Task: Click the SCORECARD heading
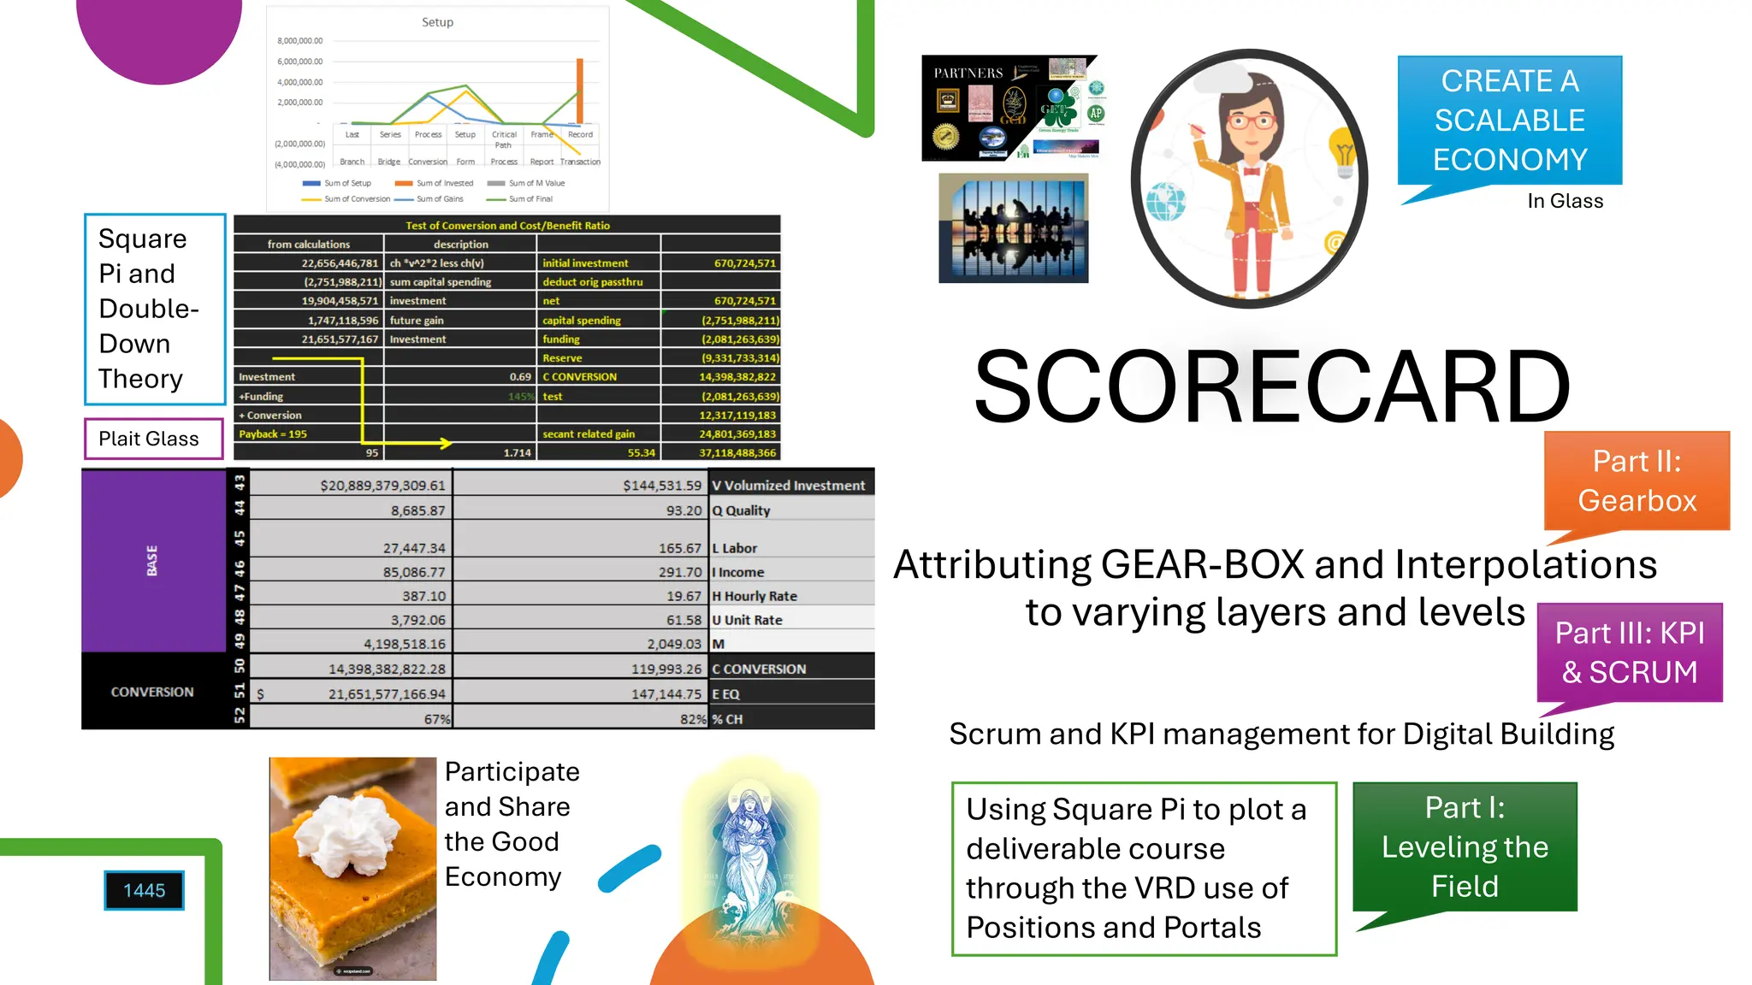pyautogui.click(x=1271, y=387)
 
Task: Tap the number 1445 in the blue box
pyautogui.click(x=144, y=891)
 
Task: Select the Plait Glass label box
pyautogui.click(x=153, y=439)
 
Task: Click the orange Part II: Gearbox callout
pyautogui.click(x=1637, y=481)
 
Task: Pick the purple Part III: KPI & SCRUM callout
pyautogui.click(x=1629, y=652)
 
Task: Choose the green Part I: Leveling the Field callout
pyautogui.click(x=1465, y=846)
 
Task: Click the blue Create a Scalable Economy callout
pyautogui.click(x=1509, y=121)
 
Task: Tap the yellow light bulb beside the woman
pyautogui.click(x=1344, y=155)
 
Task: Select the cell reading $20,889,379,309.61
pyautogui.click(x=382, y=486)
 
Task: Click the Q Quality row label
pyautogui.click(x=742, y=510)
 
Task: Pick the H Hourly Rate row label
pyautogui.click(x=755, y=596)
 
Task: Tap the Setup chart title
pyautogui.click(x=437, y=22)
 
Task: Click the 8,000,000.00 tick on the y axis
pyautogui.click(x=300, y=41)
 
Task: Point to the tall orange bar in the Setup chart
pyautogui.click(x=580, y=91)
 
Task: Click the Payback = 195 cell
pyautogui.click(x=273, y=434)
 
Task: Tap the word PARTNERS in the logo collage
pyautogui.click(x=968, y=74)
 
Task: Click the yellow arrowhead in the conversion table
pyautogui.click(x=445, y=443)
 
